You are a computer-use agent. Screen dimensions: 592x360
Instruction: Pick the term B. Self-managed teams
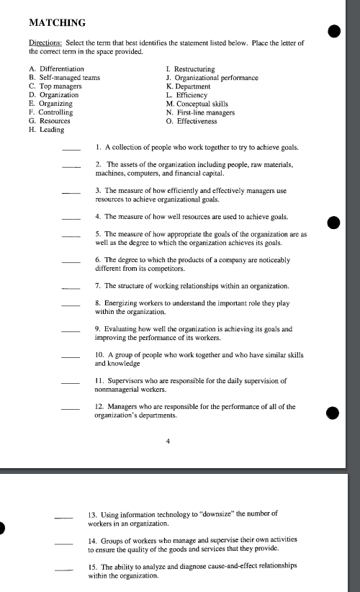pyautogui.click(x=64, y=78)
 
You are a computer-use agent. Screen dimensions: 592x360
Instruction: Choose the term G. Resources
pyautogui.click(x=50, y=122)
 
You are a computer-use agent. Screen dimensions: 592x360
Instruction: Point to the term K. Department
pyautogui.click(x=191, y=86)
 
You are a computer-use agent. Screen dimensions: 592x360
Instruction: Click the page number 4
pyautogui.click(x=168, y=442)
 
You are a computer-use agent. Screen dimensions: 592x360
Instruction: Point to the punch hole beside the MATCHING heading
pyautogui.click(x=333, y=30)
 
